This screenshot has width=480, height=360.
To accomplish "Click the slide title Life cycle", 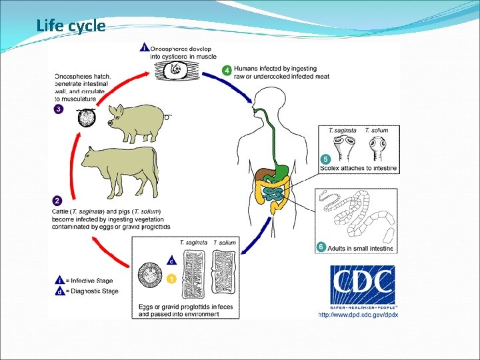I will coord(71,26).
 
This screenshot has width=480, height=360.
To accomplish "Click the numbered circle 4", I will coord(227,69).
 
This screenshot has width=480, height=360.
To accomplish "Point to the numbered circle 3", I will coord(59,110).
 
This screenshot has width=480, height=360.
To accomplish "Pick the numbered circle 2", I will coord(58,200).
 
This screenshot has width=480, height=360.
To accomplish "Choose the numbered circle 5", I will coord(325,159).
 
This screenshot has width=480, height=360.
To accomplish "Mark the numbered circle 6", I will coord(321,247).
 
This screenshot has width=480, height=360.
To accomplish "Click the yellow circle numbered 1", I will coord(171,279).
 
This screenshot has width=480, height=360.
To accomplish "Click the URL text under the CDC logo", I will coord(358,315).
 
